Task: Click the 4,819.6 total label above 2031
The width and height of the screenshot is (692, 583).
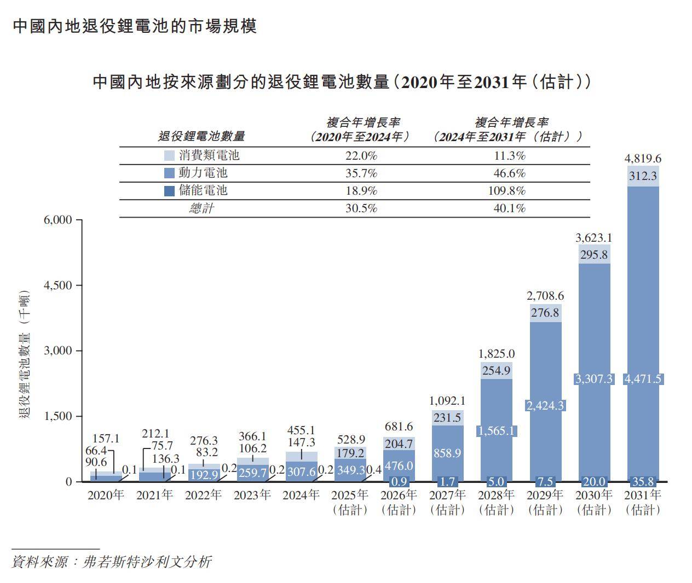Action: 643,159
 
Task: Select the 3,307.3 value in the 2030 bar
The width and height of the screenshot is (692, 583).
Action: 594,379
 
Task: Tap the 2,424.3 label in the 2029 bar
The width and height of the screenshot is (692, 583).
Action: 545,406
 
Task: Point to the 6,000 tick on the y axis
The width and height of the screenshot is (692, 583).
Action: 58,220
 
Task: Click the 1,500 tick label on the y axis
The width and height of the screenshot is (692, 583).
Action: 58,416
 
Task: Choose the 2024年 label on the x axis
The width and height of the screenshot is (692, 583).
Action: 301,495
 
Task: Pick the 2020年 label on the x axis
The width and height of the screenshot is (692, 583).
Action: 106,495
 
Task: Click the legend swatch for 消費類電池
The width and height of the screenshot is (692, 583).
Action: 170,156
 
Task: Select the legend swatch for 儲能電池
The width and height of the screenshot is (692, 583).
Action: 170,191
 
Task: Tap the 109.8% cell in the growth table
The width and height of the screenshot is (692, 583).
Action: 509,191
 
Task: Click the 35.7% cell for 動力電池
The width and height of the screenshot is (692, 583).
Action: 361,173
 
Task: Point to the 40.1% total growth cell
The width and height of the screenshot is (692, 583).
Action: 509,208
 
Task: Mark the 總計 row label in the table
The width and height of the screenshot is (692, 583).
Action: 201,208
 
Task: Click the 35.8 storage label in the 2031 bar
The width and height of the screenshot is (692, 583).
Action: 643,482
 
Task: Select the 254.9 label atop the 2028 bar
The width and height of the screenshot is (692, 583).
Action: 497,371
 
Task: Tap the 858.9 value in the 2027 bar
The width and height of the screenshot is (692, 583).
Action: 447,453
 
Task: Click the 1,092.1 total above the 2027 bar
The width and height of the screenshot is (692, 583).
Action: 447,401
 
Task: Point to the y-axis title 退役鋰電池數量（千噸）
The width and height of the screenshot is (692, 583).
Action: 25,358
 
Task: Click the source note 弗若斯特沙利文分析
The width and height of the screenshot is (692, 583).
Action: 146,562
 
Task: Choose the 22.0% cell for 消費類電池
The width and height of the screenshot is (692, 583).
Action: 361,156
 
